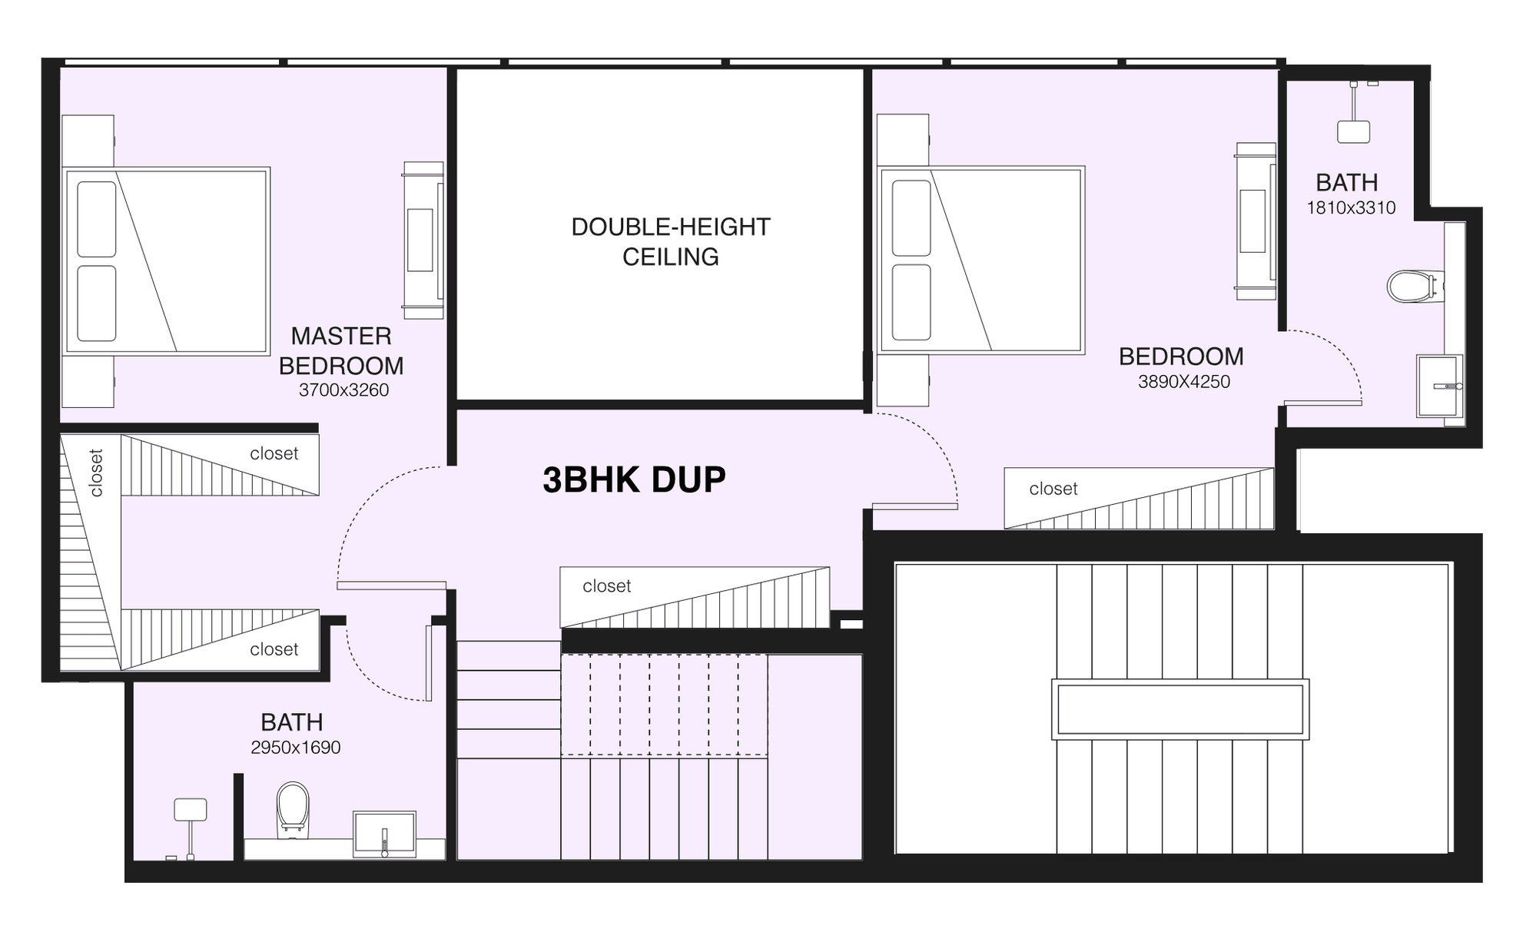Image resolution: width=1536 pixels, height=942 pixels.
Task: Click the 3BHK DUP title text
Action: tap(634, 479)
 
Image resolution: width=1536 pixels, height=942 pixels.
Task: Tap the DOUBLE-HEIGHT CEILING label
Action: tap(670, 241)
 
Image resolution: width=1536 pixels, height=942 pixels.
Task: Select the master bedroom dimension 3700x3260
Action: tap(343, 390)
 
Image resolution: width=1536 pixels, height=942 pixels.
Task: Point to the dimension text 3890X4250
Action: tap(1184, 381)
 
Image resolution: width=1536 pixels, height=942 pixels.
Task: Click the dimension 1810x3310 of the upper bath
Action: tap(1351, 207)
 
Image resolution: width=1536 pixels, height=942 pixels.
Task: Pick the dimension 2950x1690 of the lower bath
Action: tap(295, 747)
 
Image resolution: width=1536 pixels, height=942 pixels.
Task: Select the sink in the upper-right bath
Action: tap(1439, 386)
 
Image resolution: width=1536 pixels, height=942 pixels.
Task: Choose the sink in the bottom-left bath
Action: tap(384, 834)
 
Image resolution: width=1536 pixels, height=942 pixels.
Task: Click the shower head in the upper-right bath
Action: tap(1353, 131)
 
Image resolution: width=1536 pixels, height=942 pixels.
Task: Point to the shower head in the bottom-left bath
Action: tap(190, 810)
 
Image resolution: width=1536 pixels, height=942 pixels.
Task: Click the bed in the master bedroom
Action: tap(166, 260)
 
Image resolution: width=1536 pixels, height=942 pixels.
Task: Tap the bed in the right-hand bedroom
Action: tap(981, 260)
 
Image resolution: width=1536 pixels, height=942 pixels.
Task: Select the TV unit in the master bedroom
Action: tap(423, 240)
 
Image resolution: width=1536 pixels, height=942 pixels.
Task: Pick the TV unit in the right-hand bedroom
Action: tap(1256, 221)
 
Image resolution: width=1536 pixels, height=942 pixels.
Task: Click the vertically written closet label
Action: tap(96, 473)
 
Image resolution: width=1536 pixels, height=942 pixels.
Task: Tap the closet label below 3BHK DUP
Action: tap(606, 586)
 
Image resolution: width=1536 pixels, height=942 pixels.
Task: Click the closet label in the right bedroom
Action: tap(1053, 489)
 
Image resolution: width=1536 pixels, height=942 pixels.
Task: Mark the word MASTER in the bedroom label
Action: tap(341, 336)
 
